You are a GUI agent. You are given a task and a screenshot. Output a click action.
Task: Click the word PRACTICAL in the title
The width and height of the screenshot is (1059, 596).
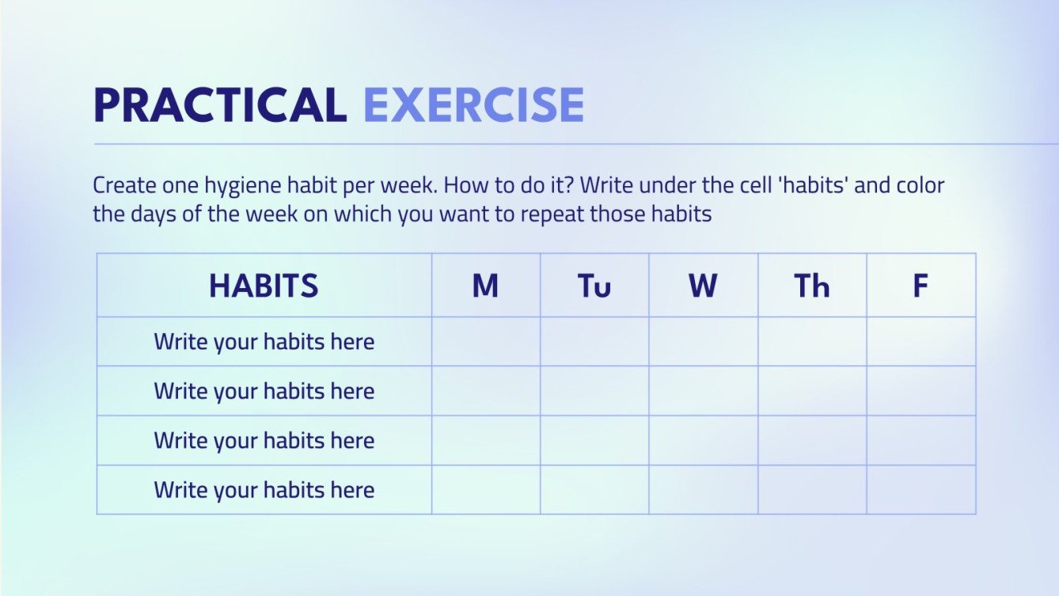point(219,104)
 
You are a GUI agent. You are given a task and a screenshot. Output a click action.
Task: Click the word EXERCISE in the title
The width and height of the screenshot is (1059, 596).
point(473,104)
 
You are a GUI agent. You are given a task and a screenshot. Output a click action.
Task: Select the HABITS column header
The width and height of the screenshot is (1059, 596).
point(264,286)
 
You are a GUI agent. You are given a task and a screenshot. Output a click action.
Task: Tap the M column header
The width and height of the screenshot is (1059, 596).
point(485,286)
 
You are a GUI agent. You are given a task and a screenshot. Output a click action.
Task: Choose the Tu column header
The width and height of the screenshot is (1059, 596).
point(594,286)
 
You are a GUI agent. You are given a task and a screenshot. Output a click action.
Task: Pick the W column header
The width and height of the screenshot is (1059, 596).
point(703,286)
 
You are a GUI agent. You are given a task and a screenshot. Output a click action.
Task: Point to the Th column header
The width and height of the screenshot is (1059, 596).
point(812,286)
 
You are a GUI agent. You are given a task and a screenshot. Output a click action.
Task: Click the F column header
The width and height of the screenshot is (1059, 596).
point(920,286)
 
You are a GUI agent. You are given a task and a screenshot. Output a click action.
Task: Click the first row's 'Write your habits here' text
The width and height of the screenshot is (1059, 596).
point(264,342)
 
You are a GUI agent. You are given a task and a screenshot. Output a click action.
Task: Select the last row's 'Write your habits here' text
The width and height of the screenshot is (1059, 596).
point(264,490)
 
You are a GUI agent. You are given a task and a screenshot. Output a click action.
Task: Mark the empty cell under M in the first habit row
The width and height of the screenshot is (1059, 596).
point(486,342)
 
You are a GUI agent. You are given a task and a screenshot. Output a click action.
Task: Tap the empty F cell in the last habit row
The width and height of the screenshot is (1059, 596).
point(921,490)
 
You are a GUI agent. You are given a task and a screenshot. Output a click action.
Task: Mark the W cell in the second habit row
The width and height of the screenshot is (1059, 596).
point(704,391)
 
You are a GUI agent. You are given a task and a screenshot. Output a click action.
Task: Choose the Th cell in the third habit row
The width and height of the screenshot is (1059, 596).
point(812,440)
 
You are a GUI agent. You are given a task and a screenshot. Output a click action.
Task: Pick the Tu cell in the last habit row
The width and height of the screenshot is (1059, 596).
point(594,490)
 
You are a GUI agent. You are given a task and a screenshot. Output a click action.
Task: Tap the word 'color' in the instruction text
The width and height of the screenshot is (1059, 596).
point(920,186)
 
